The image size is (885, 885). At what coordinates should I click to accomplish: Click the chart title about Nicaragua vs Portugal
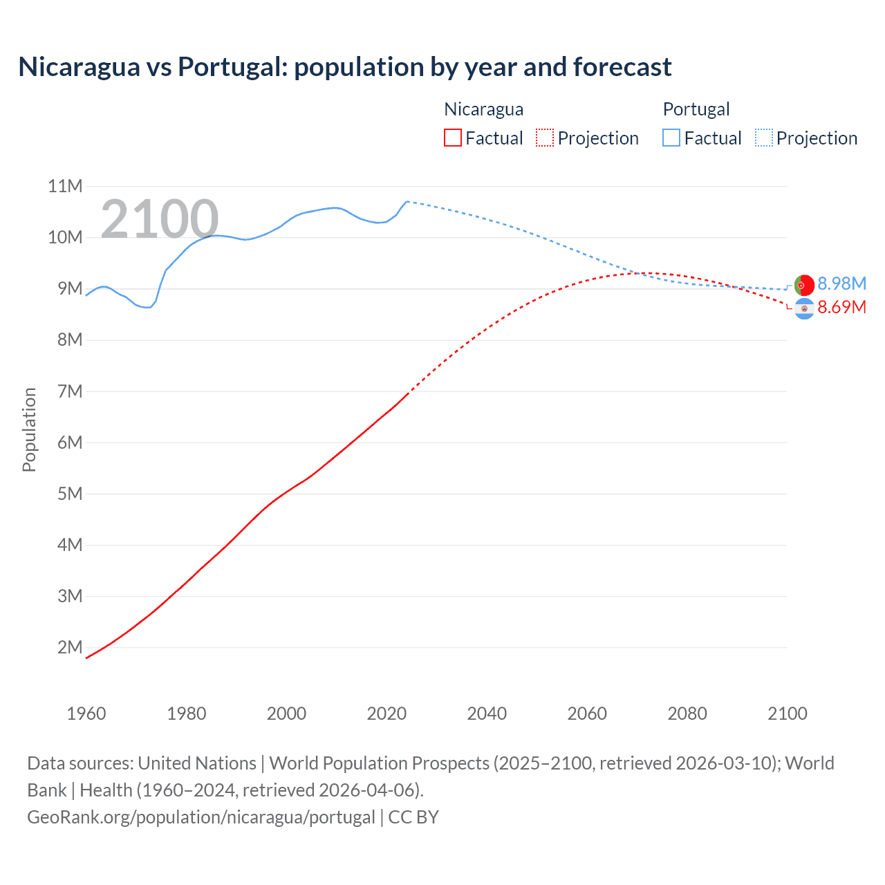[344, 67]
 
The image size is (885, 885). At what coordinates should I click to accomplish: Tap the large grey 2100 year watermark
[160, 219]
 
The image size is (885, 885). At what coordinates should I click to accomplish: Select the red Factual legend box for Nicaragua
[452, 138]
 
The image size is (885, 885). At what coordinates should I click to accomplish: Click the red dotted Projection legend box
[545, 138]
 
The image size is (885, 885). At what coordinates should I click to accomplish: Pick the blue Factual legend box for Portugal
[671, 138]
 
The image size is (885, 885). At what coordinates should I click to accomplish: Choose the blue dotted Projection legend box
[764, 138]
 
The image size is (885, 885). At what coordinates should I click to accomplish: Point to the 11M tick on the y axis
[65, 186]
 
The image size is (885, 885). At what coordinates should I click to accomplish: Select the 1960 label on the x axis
[86, 714]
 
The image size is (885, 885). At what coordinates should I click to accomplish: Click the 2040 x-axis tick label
[487, 714]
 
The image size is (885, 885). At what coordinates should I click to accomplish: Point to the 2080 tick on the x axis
[687, 714]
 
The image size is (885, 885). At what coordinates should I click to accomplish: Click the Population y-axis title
[29, 429]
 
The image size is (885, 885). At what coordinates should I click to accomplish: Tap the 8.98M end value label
[841, 284]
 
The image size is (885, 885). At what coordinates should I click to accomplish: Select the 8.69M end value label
[841, 308]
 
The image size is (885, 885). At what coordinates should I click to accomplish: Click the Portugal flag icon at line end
[804, 285]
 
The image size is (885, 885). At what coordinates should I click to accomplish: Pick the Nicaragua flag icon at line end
[804, 309]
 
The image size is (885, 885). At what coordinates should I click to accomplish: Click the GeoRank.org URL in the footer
[201, 817]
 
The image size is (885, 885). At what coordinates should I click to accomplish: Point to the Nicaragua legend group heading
[483, 109]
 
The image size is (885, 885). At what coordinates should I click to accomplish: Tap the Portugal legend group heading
[696, 109]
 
